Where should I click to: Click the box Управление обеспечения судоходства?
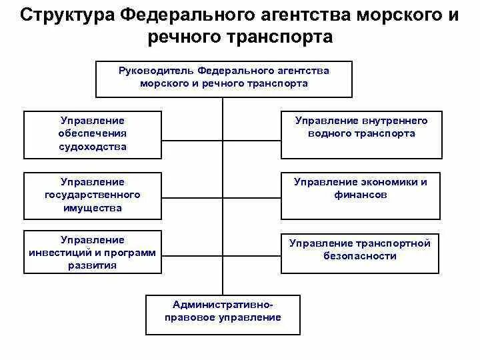pyautogui.click(x=93, y=134)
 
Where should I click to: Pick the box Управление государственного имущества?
pyautogui.click(x=93, y=195)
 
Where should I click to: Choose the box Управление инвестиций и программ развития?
pyautogui.click(x=93, y=253)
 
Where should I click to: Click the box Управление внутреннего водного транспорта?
pyautogui.click(x=361, y=134)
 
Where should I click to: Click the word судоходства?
pyautogui.click(x=93, y=147)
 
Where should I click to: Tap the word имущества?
pyautogui.click(x=93, y=208)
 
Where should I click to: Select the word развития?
pyautogui.click(x=93, y=265)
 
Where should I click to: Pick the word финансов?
pyautogui.click(x=360, y=195)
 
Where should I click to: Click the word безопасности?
pyautogui.click(x=360, y=256)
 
